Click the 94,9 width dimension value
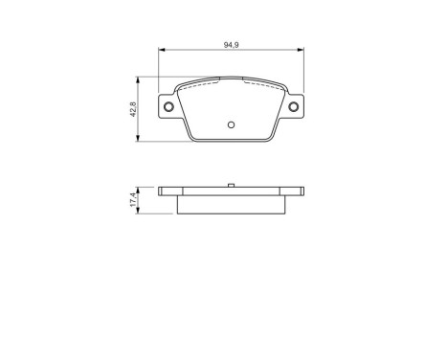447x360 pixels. point(231,44)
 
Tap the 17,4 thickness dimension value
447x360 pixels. point(135,201)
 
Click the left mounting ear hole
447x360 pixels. point(169,106)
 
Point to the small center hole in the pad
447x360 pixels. point(231,124)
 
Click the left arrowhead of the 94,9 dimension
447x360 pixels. point(161,51)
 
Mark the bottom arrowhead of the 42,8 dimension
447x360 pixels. point(143,140)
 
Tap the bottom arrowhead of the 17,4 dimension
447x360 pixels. point(143,213)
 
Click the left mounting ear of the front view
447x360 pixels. point(170,106)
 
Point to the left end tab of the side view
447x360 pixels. point(167,192)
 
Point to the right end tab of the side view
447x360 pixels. point(295,192)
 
